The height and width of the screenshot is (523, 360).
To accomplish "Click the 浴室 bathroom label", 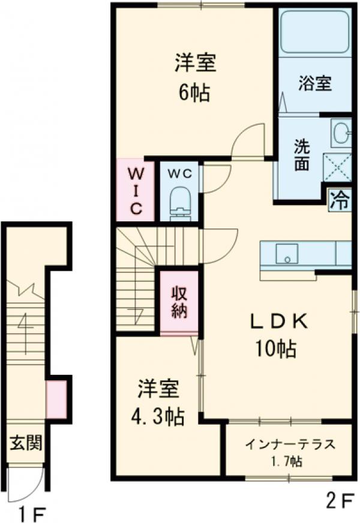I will (x=315, y=83).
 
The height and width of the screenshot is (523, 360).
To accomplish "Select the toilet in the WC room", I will (x=179, y=201).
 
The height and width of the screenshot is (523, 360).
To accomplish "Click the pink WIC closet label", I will (x=136, y=190).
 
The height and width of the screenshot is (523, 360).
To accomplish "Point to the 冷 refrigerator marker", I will (x=340, y=198).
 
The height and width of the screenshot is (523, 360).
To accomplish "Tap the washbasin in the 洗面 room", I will (x=341, y=133).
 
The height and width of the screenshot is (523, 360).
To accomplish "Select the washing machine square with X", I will (x=337, y=166).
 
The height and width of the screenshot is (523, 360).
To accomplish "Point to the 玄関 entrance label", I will (x=25, y=444).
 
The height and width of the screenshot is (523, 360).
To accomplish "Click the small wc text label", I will (x=179, y=173).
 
